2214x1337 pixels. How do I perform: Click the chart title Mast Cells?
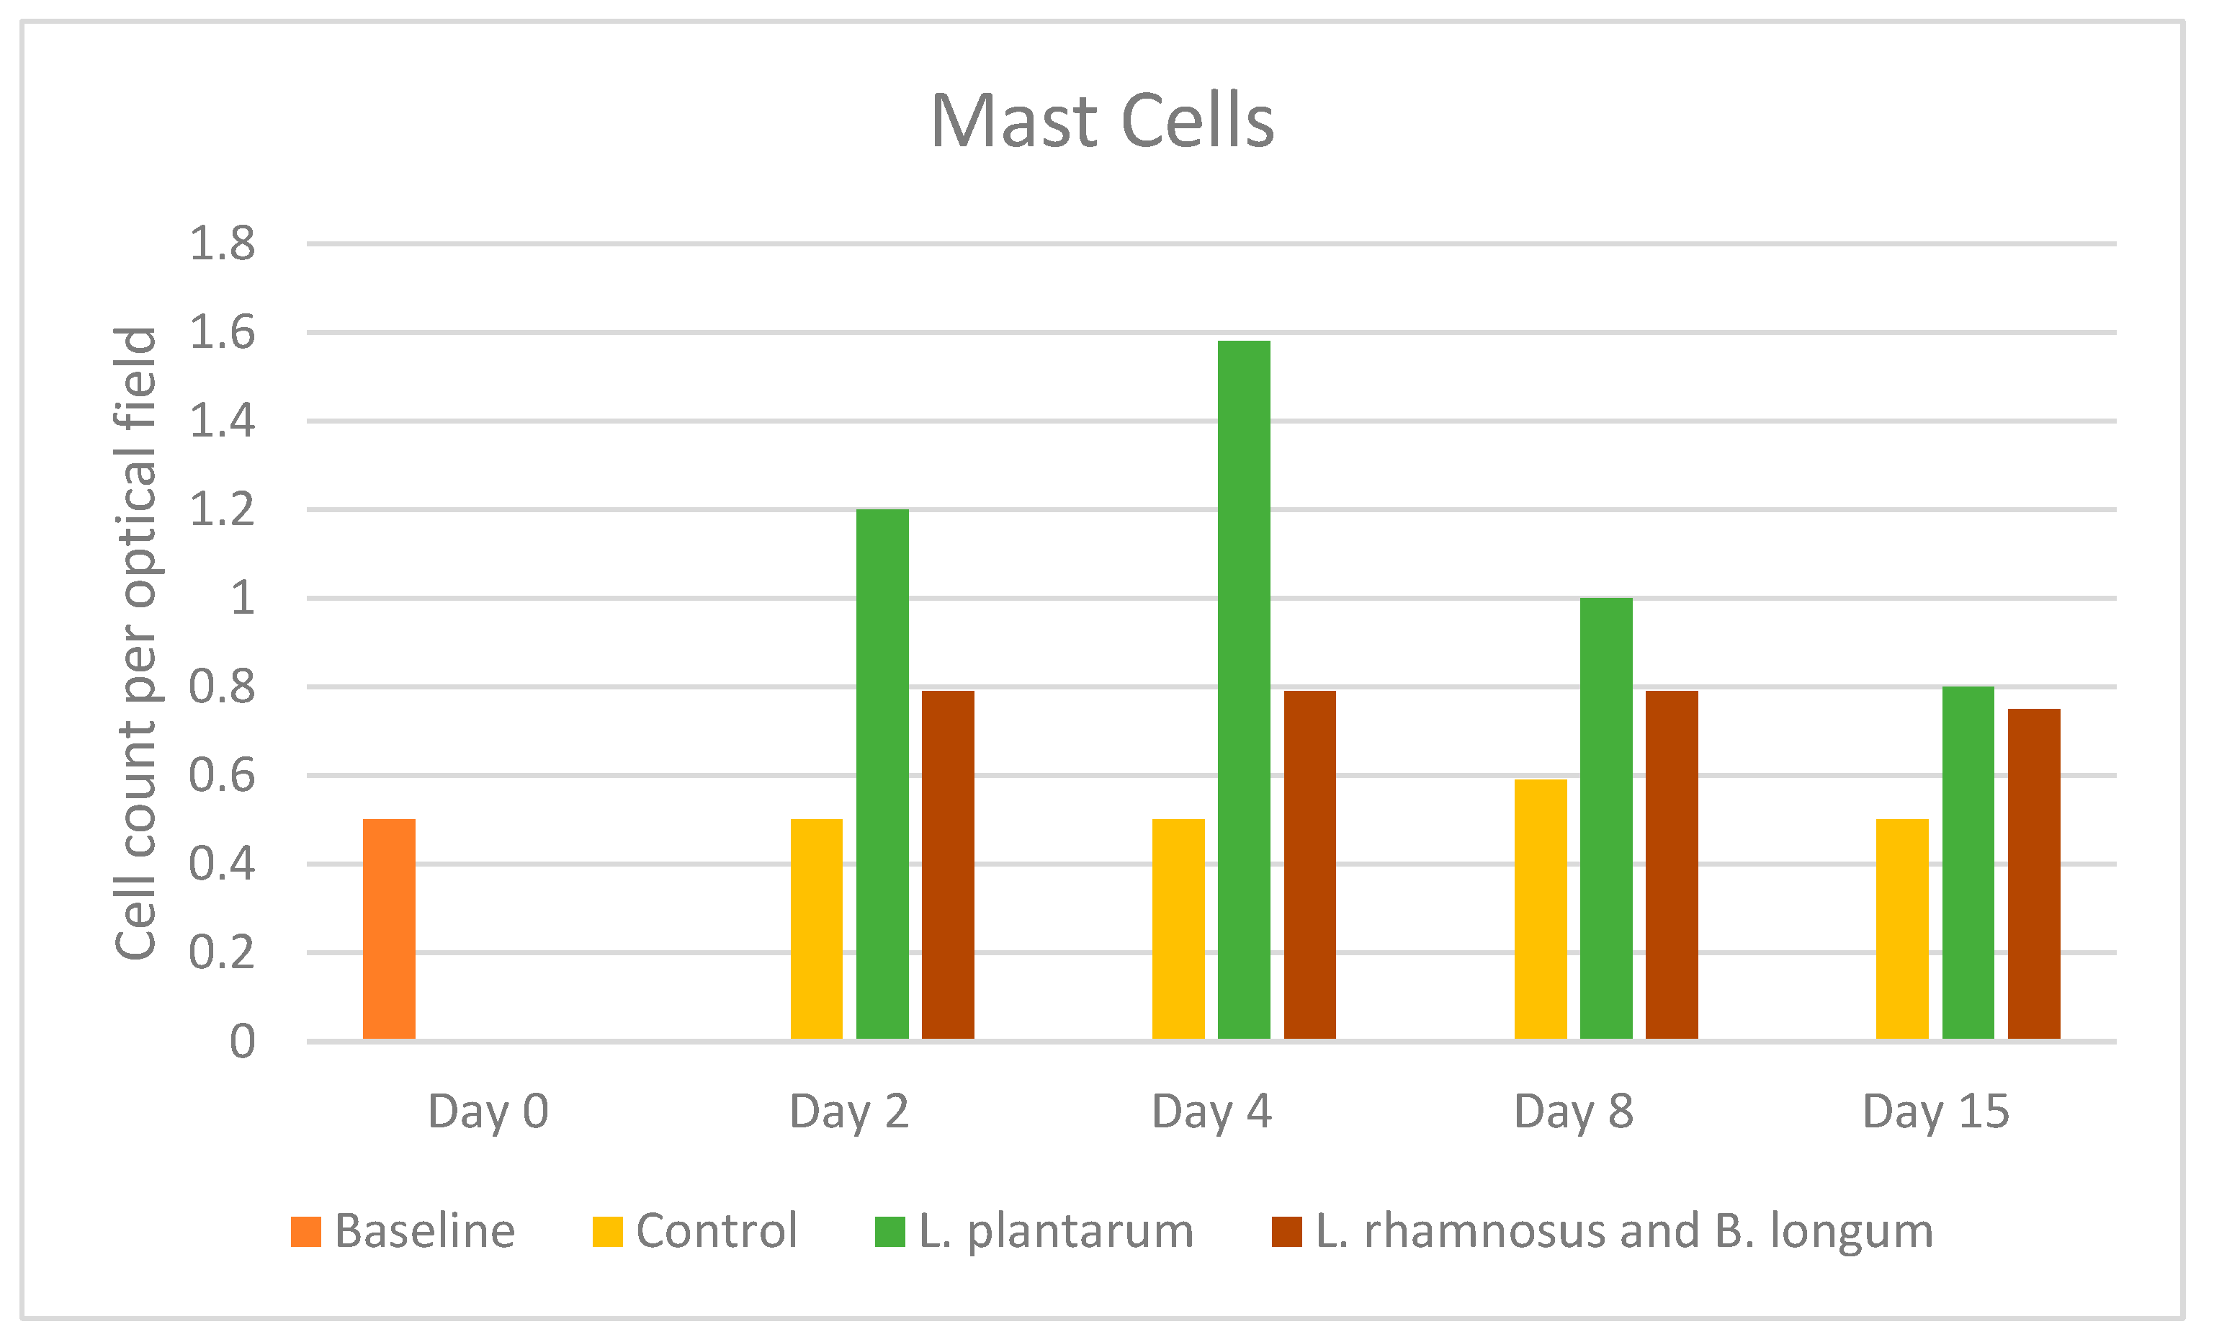[1102, 121]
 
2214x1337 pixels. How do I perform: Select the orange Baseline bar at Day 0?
[389, 929]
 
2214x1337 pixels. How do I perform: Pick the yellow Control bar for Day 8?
[1540, 909]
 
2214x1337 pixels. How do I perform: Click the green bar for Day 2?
[882, 774]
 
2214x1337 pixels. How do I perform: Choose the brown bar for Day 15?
[2033, 875]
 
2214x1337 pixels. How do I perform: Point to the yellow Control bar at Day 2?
[817, 929]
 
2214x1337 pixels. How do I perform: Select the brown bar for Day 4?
[1309, 865]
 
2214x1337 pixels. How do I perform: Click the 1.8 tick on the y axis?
[222, 244]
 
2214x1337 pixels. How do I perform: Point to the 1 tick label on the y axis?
[243, 599]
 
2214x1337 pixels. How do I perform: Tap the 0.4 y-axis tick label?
[222, 864]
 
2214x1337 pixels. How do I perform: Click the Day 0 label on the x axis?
[488, 1112]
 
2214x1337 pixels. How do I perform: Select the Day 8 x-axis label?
[1573, 1112]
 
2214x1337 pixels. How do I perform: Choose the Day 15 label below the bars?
[1935, 1112]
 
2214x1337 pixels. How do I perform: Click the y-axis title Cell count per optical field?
[137, 643]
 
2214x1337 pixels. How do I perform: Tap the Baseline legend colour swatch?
[306, 1232]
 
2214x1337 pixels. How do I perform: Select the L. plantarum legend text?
[1056, 1231]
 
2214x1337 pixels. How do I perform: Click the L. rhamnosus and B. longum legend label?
[1623, 1231]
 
